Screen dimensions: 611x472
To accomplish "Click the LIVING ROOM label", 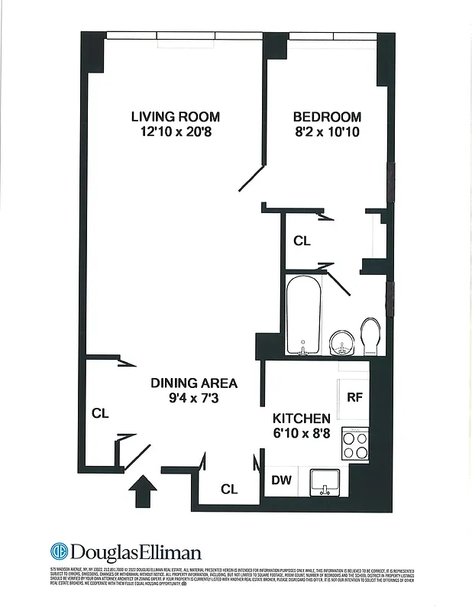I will (175, 117).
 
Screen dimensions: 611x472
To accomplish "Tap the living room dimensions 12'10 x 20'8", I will (175, 132).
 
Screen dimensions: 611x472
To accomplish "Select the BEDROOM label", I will (327, 117).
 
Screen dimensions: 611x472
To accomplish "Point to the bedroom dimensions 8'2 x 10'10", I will (327, 132).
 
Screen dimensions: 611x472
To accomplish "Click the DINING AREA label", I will (193, 383).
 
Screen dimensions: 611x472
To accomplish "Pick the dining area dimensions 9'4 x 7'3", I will (193, 397).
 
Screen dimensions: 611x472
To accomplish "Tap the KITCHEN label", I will (302, 419).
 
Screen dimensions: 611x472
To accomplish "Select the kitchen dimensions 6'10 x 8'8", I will (302, 433).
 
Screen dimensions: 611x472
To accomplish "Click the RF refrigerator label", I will (354, 397).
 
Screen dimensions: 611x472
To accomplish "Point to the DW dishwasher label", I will (281, 480).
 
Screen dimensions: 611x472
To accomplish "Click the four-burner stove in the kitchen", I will (355, 444).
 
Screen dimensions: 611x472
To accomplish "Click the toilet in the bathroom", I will (370, 337).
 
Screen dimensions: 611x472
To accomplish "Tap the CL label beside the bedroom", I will (302, 241).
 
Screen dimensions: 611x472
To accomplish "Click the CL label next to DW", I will (229, 490).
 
